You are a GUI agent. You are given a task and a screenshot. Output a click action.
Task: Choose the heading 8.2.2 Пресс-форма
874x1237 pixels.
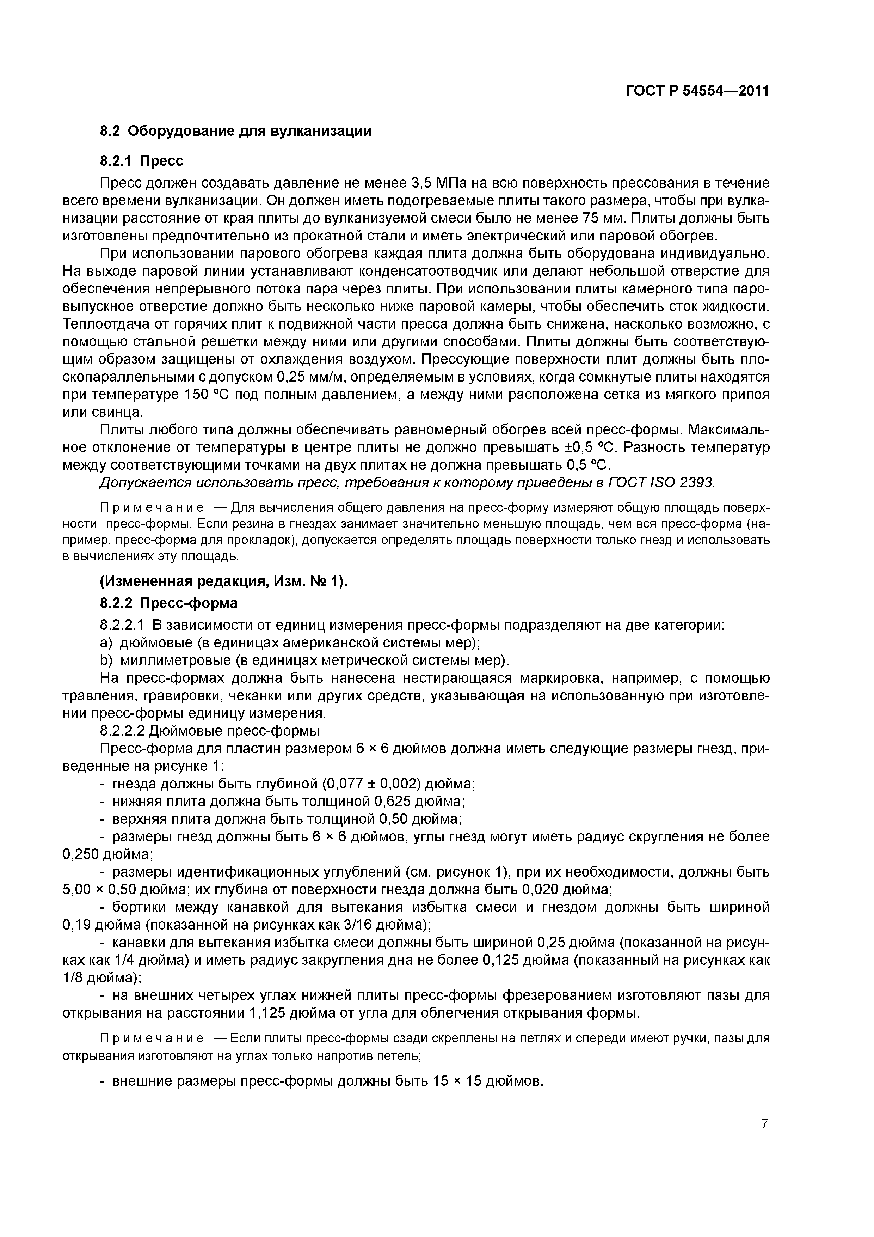pyautogui.click(x=168, y=602)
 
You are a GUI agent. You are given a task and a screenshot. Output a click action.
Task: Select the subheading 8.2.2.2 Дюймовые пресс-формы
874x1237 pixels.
pyautogui.click(x=210, y=731)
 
